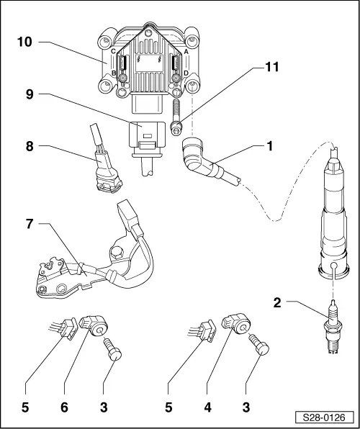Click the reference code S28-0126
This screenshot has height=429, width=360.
tap(325, 415)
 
